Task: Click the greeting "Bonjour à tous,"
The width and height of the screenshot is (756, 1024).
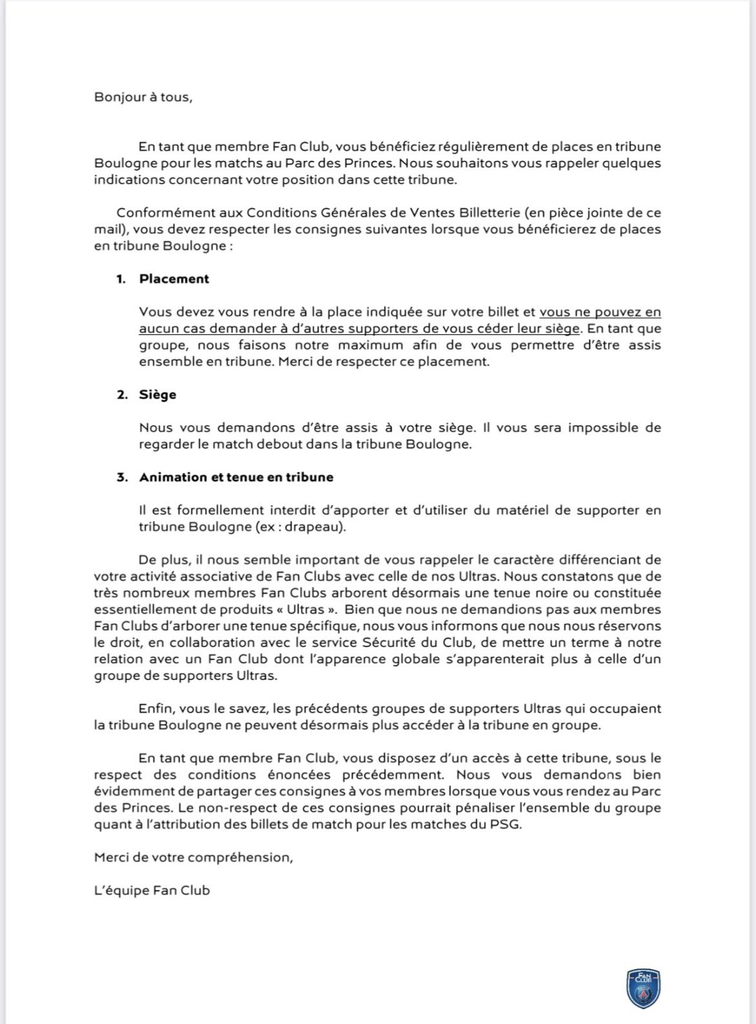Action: point(143,98)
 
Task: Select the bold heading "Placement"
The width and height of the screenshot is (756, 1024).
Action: point(174,279)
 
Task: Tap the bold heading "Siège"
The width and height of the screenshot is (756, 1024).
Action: point(158,394)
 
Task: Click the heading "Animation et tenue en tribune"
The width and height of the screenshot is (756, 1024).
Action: point(236,477)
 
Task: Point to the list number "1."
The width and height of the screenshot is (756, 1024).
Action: point(121,279)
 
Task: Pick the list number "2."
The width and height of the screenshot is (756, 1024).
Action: point(122,394)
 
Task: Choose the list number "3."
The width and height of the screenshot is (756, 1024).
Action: point(122,477)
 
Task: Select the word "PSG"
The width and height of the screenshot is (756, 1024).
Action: point(506,824)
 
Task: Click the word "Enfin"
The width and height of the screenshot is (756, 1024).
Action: point(154,709)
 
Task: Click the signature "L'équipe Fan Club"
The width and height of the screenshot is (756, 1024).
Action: point(152,890)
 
